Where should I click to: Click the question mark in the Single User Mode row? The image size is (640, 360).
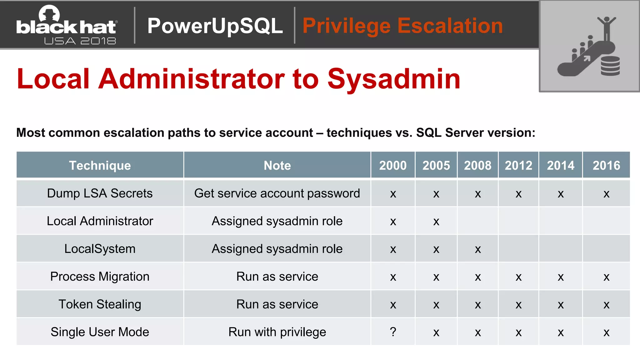tap(393, 332)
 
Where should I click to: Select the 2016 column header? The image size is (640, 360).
tap(606, 165)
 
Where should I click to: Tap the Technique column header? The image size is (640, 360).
tap(100, 165)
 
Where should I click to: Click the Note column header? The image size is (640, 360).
tap(277, 165)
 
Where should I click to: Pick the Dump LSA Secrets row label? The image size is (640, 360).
tap(100, 193)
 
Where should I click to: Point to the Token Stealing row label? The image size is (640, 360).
tap(100, 304)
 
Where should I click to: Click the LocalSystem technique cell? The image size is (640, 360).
tap(100, 249)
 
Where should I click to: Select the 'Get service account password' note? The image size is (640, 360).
tap(277, 193)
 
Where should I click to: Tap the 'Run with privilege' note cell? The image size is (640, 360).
tap(277, 332)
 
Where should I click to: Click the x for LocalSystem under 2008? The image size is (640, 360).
tap(478, 249)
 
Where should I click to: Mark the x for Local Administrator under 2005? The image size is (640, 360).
tap(436, 222)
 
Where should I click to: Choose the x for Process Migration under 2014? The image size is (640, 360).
tap(561, 277)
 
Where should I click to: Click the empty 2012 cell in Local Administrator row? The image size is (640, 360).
tap(518, 221)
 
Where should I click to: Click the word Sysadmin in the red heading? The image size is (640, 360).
tap(394, 79)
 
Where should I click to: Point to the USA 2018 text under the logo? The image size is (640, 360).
tap(80, 41)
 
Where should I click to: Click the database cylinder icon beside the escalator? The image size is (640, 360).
tap(610, 66)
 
